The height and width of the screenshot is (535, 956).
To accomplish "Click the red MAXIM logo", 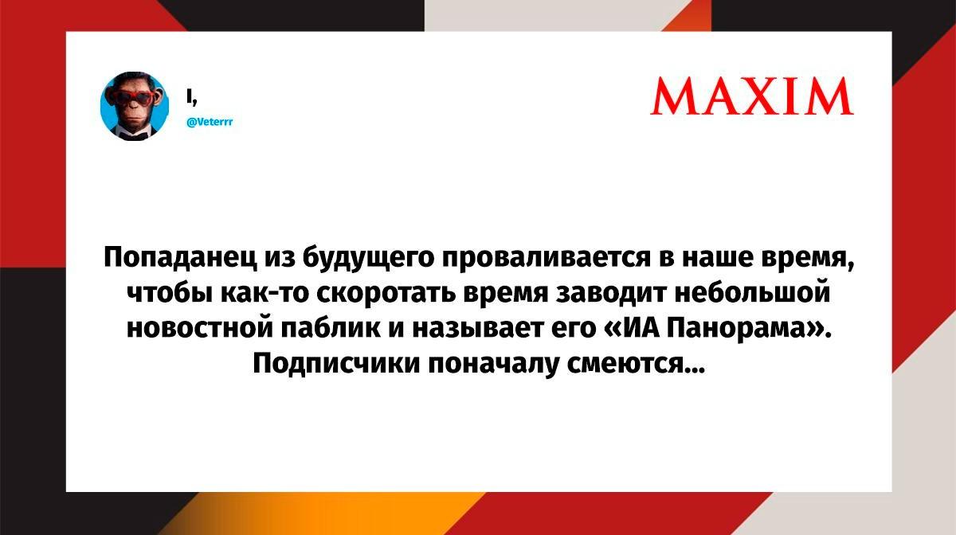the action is (752, 96).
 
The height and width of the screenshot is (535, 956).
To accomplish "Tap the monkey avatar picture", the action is (135, 106).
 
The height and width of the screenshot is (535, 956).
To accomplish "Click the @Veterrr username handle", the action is (210, 122).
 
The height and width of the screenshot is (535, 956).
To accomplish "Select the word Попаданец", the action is (181, 257).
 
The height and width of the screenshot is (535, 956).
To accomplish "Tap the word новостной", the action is (200, 330).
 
